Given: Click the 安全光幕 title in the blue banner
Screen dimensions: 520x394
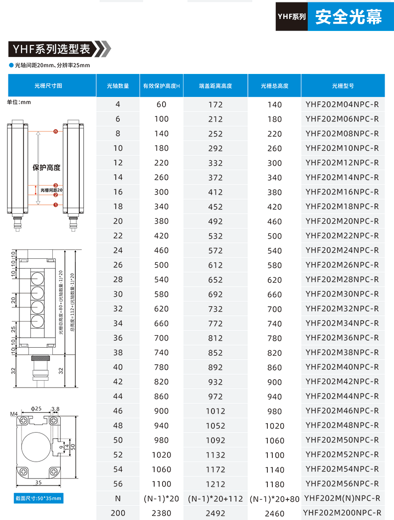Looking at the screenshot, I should [x=349, y=16].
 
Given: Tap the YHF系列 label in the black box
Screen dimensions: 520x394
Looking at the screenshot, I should [x=291, y=16].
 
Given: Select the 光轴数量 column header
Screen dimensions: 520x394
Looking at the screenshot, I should [x=118, y=86].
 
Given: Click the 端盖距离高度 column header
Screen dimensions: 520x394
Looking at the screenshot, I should [x=215, y=86].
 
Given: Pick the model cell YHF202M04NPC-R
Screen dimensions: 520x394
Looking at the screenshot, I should [x=342, y=104].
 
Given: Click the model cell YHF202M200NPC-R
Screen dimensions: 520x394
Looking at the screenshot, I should [x=342, y=513].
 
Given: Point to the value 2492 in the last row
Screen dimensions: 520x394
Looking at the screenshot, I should [x=215, y=513].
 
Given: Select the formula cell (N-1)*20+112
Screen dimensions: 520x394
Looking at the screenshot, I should [x=215, y=498].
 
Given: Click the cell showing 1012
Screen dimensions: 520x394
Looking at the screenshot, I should [x=215, y=411].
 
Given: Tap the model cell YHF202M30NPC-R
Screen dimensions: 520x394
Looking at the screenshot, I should [x=342, y=294].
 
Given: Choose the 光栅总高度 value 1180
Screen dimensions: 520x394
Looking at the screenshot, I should [x=274, y=484].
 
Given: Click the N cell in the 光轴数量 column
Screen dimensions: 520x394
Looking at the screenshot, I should [x=118, y=498].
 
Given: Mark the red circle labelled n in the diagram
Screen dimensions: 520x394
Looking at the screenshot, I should [x=55, y=132].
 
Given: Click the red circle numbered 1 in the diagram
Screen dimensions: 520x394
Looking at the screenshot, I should [x=55, y=204].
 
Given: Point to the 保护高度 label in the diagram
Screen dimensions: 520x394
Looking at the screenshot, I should [x=46, y=167].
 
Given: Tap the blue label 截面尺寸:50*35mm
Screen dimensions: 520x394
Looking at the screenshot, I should [x=38, y=498].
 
